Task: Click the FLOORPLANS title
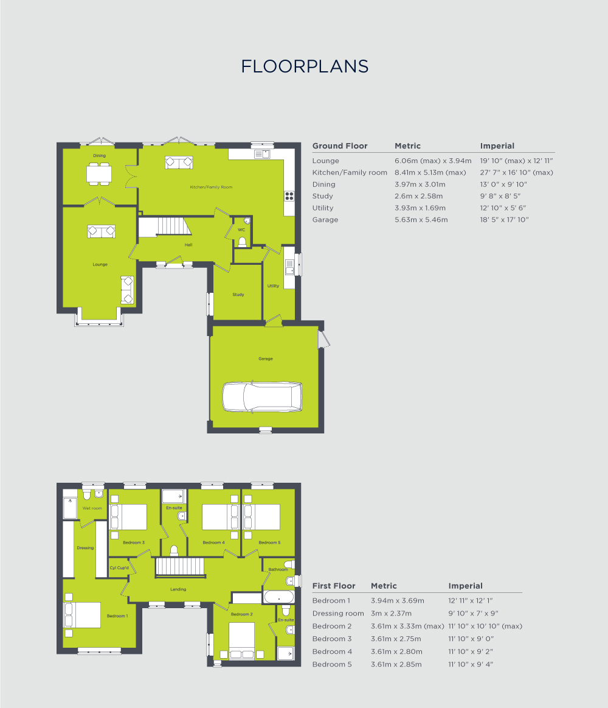(305, 66)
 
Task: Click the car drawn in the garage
(263, 397)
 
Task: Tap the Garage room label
(265, 359)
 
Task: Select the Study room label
(238, 295)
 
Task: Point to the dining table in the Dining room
(99, 174)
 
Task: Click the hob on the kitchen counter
(289, 196)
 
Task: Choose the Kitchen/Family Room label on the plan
(211, 187)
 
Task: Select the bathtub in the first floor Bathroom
(279, 597)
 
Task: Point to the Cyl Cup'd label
(118, 567)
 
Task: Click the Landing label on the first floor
(178, 589)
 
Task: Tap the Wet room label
(92, 508)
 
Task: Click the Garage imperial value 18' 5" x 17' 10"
(504, 220)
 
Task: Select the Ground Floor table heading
(339, 146)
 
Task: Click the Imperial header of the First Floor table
(465, 586)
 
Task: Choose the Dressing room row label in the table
(337, 614)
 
